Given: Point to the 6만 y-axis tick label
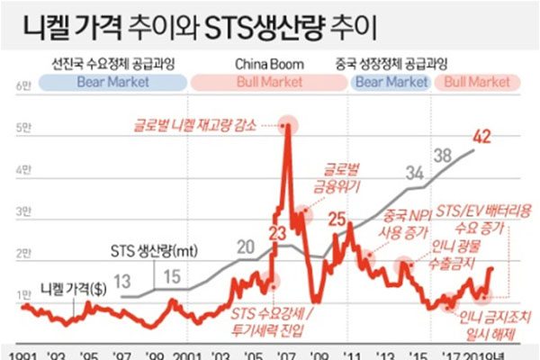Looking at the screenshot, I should (22, 86).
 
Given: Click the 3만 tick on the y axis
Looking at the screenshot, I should (22, 212).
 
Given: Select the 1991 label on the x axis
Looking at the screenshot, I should (17, 353).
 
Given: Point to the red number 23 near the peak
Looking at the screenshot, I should (276, 236).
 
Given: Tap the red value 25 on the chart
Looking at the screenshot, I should (337, 217).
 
